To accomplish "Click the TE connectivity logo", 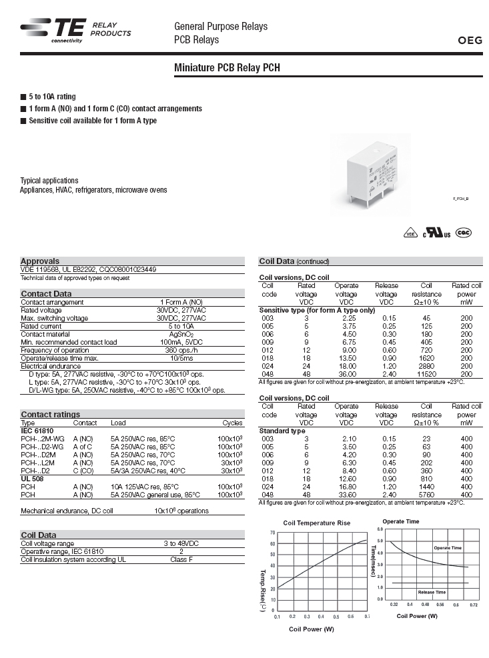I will click(x=51, y=30).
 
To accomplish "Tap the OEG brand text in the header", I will click(x=472, y=40).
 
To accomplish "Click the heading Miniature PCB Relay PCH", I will click(x=231, y=68).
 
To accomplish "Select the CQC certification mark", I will click(x=463, y=233).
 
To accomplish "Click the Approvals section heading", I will click(x=40, y=261).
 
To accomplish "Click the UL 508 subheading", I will click(x=33, y=479).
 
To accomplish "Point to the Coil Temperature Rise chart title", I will click(x=316, y=523).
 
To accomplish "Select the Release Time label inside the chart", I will click(x=432, y=592).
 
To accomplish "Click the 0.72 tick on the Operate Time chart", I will click(x=473, y=605).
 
